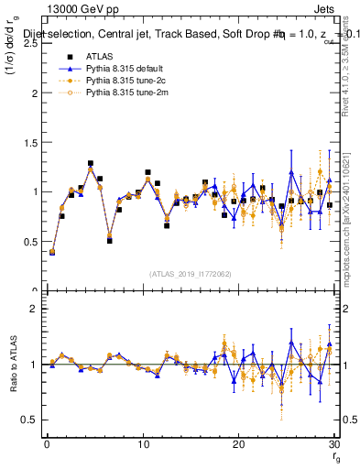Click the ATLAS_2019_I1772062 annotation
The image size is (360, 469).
pos(191,274)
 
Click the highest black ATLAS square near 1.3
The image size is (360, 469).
pos(91,164)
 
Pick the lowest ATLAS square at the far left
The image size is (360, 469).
pos(52,251)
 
